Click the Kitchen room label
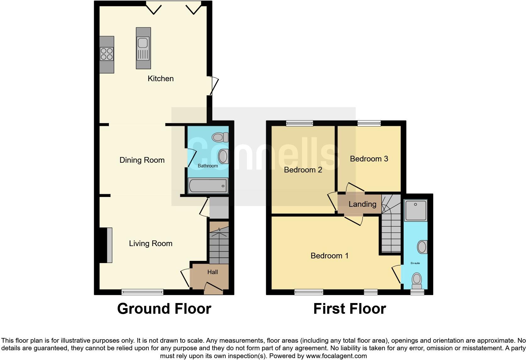[160, 78]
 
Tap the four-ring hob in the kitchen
[107, 54]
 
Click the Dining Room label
[142, 160]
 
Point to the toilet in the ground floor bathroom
[220, 137]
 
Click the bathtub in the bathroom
[208, 186]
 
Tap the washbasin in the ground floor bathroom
[223, 156]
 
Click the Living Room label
[151, 243]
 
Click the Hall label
[213, 272]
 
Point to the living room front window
[143, 292]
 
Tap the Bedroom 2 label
[303, 170]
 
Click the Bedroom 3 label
[369, 159]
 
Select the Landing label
[362, 204]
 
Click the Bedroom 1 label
[329, 256]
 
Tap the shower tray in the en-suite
[416, 210]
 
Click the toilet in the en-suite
[417, 280]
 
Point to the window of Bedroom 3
[369, 124]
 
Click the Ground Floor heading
[164, 309]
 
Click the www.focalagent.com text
[336, 356]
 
